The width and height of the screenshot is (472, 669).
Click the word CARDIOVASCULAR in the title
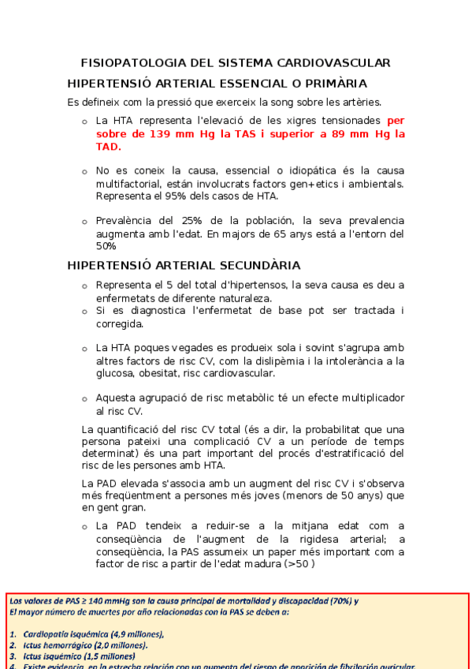[x=333, y=62]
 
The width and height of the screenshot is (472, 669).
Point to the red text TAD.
[x=108, y=147]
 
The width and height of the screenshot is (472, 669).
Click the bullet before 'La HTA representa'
[x=84, y=121]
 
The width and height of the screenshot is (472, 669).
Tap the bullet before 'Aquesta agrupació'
[x=84, y=399]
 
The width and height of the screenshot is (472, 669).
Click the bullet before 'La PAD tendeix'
[x=84, y=526]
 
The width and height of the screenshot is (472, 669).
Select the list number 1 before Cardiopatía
[x=13, y=634]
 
